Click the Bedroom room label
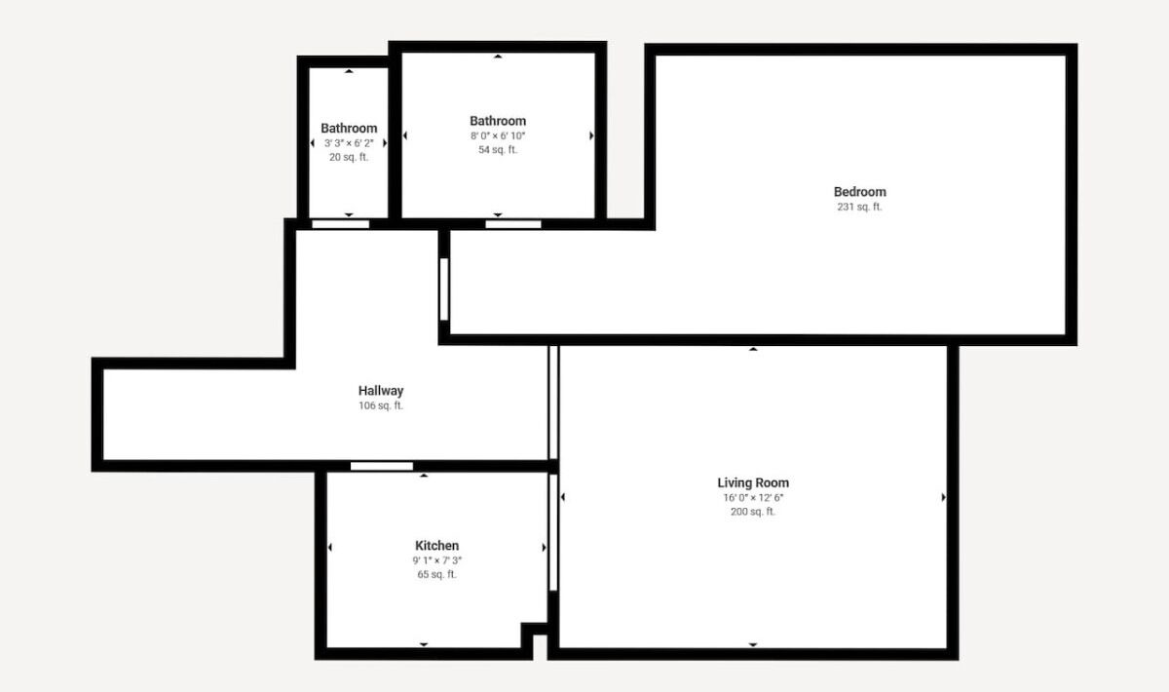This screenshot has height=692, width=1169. coord(859,192)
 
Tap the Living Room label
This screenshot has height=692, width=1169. coord(753,483)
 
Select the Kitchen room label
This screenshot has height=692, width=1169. coord(436,545)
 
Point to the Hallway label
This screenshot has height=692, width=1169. coord(381,391)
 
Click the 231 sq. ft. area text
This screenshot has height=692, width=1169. coord(859,207)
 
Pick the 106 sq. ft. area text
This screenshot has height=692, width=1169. coord(381,405)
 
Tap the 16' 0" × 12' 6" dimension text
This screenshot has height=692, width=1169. coord(753,498)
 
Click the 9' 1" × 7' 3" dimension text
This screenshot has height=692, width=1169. coord(436,560)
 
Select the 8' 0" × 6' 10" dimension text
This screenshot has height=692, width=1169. coord(498,135)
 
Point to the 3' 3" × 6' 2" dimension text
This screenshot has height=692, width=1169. coord(349,143)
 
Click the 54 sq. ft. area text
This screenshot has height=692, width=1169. coord(498,150)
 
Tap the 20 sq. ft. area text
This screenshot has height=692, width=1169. coord(349,157)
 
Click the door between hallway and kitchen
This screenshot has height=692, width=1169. coord(382,466)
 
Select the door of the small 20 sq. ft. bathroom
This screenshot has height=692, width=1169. coord(340,224)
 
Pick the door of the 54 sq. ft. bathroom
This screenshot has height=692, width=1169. coord(513,224)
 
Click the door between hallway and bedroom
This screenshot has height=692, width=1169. coord(444,289)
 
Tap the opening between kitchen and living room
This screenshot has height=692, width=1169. coord(553,532)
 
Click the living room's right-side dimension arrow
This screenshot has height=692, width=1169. coord(943,497)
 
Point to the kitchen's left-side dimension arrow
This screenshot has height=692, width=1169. coord(330,548)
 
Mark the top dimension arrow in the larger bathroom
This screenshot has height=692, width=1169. coord(498,57)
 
